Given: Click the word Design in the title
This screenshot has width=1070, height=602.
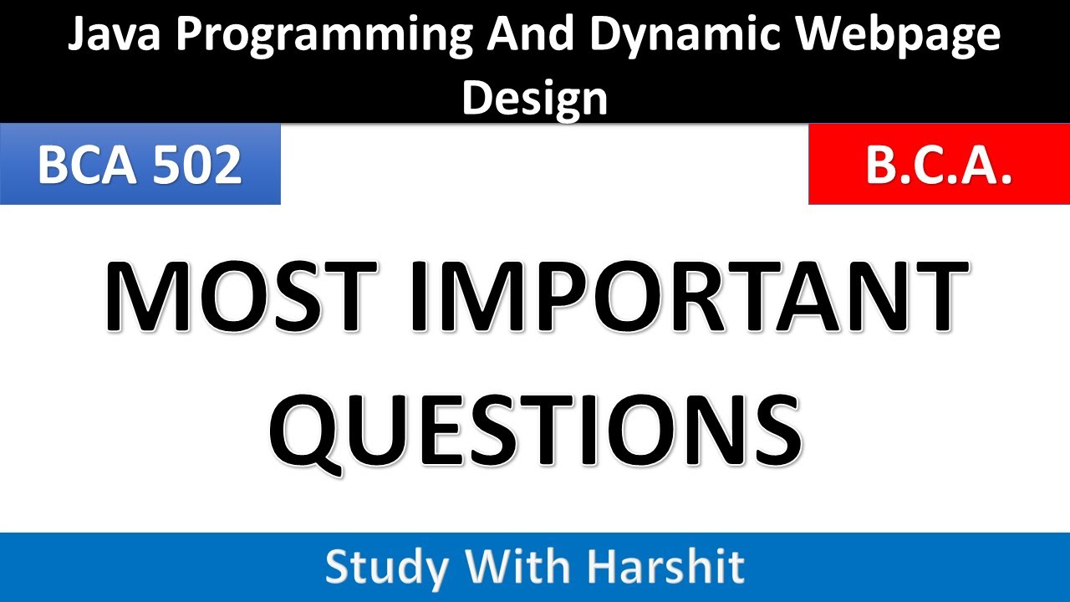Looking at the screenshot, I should pyautogui.click(x=535, y=98).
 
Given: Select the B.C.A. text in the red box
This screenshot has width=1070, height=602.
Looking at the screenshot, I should pyautogui.click(x=939, y=164).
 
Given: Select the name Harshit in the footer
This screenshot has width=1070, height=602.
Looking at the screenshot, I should pyautogui.click(x=664, y=567).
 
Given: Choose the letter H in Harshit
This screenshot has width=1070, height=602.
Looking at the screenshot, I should pyautogui.click(x=603, y=567).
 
